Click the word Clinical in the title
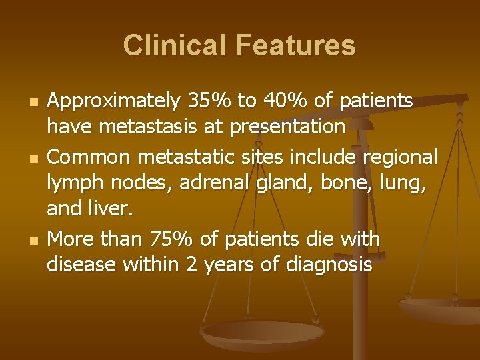pyautogui.click(x=169, y=45)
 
